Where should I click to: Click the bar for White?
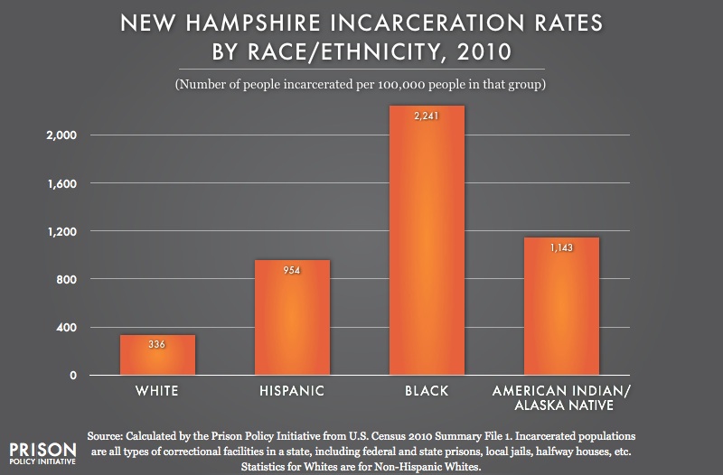coord(157,355)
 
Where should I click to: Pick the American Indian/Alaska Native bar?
coord(560,306)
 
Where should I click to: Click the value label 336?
coord(157,344)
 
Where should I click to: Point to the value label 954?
coord(291,270)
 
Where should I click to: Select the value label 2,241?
coord(426,116)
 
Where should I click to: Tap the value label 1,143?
coord(560,247)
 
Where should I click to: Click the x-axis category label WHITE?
coord(157,392)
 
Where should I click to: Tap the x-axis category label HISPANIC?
coord(291,392)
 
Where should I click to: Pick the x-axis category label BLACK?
coord(426,392)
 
